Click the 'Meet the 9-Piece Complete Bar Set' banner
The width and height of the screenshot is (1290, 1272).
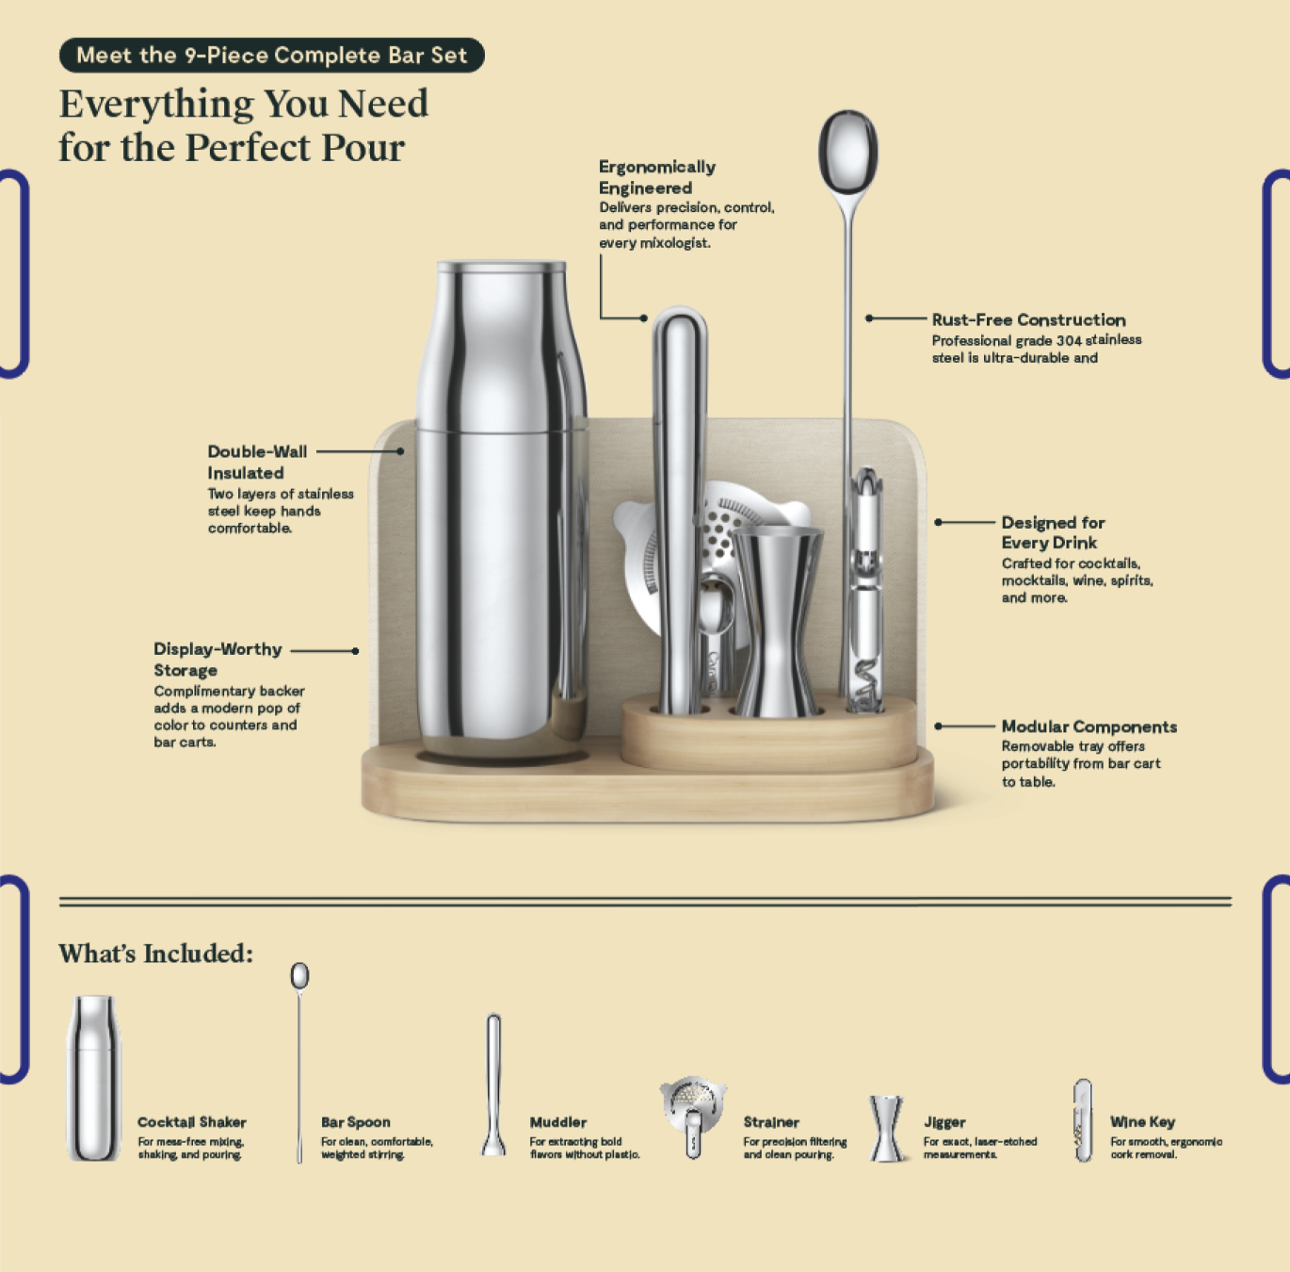tap(272, 55)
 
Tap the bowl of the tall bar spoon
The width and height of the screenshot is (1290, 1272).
tap(848, 152)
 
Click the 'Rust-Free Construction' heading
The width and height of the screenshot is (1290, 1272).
tap(1028, 319)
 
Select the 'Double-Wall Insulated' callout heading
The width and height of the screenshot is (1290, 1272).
tap(257, 462)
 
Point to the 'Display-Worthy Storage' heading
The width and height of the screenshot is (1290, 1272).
tap(218, 660)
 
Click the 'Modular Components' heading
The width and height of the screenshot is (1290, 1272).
tap(1089, 726)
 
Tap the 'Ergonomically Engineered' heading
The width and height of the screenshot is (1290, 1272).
tap(656, 177)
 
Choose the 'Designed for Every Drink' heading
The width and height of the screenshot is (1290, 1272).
tap(1053, 532)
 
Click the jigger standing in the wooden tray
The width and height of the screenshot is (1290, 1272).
tap(777, 621)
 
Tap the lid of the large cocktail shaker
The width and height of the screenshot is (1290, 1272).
tap(502, 269)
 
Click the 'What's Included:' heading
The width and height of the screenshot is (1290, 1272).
tap(156, 953)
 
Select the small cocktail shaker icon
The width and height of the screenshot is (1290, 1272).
tap(93, 1078)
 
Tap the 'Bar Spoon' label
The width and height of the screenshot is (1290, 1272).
tap(356, 1122)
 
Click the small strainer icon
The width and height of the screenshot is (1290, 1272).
tap(693, 1117)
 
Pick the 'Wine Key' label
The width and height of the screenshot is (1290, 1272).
tap(1143, 1122)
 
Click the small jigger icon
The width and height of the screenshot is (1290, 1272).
tap(886, 1128)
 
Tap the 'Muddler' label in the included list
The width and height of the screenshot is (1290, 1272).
tap(557, 1122)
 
